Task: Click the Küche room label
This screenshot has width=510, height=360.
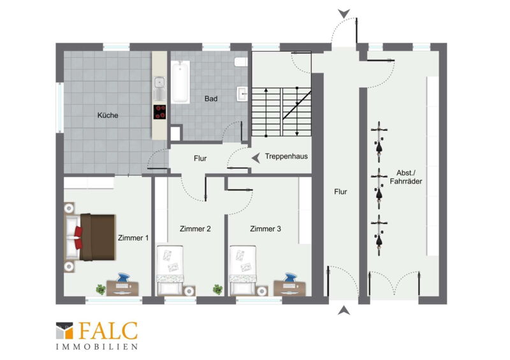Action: coord(108,115)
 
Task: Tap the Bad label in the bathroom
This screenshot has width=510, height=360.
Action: coord(211,99)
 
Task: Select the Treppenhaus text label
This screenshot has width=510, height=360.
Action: coord(286,156)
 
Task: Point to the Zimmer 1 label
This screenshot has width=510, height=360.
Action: coord(133,238)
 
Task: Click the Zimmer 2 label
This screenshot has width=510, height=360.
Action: coord(195,229)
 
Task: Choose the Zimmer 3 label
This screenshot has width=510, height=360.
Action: coord(265,229)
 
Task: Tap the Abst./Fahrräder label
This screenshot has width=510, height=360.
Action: coord(406,177)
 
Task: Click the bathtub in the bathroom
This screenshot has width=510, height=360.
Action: coord(180,82)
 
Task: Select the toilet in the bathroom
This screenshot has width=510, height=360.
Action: coord(241,62)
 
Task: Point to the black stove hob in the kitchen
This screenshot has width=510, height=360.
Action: coord(160,112)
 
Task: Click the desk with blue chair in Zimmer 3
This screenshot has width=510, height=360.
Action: coord(290,285)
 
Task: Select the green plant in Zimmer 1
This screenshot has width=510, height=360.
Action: coord(101,289)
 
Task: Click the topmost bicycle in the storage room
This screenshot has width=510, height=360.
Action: coord(379,142)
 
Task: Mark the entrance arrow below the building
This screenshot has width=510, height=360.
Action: coord(344,310)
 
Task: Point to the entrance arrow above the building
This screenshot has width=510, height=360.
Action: coord(344,13)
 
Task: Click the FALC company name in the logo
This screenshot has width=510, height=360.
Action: coord(108,331)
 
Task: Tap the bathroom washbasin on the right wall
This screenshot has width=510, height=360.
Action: coord(242,94)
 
